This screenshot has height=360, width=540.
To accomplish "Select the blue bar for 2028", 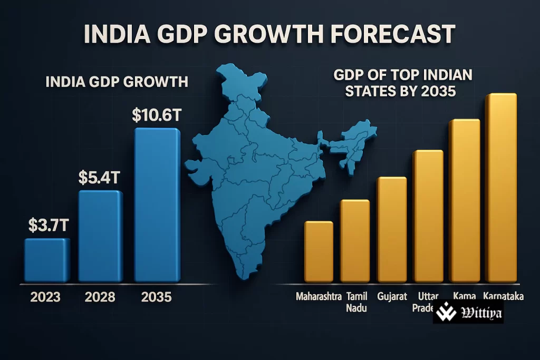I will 100,236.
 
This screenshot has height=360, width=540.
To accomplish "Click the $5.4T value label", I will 100,178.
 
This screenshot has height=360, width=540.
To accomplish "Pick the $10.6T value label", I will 157,115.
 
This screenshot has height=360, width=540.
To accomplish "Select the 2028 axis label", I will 100,297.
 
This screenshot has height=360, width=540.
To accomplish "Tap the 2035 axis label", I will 157,297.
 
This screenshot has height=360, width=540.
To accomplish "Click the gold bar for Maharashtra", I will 319,251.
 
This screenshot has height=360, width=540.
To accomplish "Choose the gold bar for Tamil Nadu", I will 355,241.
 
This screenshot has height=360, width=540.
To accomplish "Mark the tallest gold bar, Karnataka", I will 500,188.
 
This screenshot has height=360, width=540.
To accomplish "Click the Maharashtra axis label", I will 318,296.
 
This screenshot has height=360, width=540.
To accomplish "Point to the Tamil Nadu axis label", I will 356,302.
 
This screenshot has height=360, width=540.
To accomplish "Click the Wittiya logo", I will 468,315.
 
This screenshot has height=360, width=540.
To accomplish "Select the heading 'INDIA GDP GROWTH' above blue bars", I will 117,82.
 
